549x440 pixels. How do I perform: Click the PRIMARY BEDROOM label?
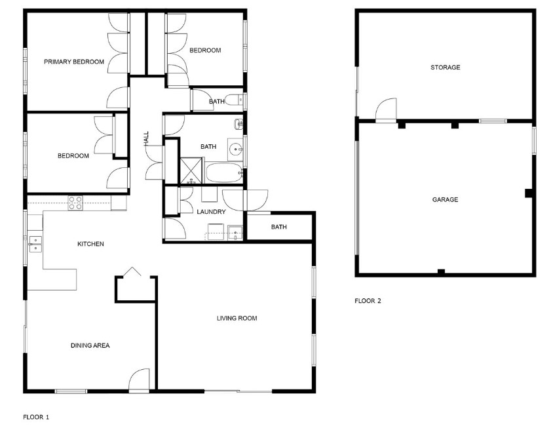(x=74, y=62)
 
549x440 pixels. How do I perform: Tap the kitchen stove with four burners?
(x=75, y=203)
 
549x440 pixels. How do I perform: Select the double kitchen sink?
(x=35, y=244)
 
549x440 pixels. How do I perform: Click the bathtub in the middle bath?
(x=224, y=172)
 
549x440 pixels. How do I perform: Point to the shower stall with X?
(x=191, y=170)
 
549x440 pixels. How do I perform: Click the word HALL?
(x=146, y=139)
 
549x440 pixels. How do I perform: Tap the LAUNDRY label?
(x=211, y=212)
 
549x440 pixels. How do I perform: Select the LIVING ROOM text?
(x=237, y=318)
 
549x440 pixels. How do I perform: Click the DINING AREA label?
(x=90, y=346)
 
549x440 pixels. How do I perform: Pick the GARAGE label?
(x=445, y=200)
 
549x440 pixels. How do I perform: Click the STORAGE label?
(x=445, y=68)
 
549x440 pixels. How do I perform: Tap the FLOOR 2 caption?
(x=368, y=300)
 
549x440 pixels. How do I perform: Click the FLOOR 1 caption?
(x=36, y=417)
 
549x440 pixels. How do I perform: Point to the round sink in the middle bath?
(x=235, y=150)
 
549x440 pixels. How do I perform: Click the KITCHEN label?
(x=90, y=244)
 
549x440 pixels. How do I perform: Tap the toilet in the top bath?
(x=234, y=100)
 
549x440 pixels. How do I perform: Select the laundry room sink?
(x=235, y=233)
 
